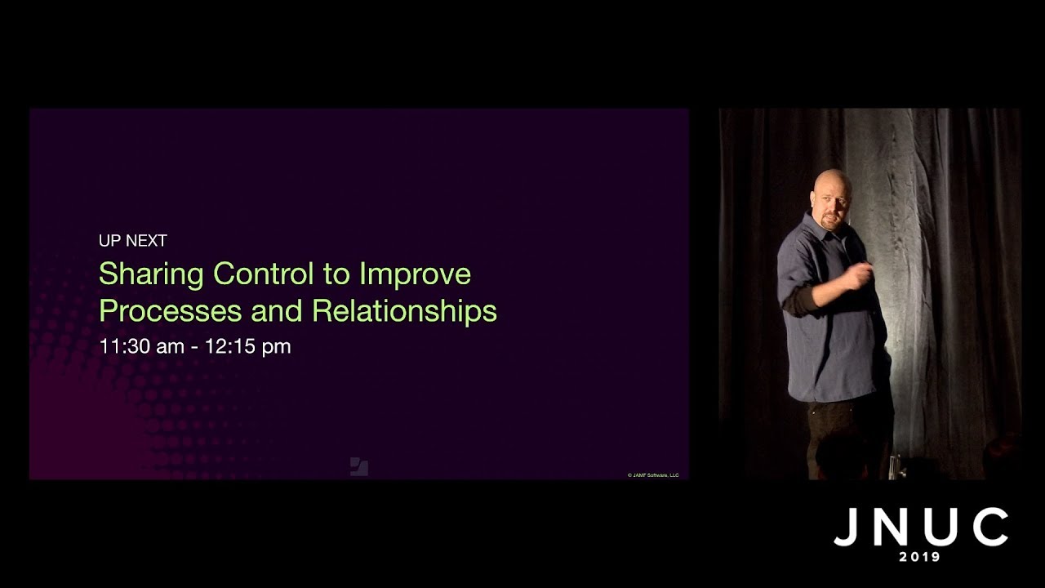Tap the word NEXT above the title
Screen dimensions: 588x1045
click(147, 241)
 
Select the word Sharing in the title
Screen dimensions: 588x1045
click(151, 274)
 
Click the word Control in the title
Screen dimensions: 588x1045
click(264, 274)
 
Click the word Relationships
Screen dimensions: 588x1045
click(404, 311)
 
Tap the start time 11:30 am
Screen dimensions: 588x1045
click(141, 346)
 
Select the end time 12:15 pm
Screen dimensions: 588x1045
click(247, 346)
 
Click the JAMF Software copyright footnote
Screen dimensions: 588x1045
click(653, 474)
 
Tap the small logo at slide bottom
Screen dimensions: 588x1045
click(359, 466)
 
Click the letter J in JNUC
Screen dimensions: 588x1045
click(846, 528)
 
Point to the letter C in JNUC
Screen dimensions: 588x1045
click(989, 528)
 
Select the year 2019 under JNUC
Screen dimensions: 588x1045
click(920, 557)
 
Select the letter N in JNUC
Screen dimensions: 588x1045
click(892, 528)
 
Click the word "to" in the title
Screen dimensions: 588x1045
click(336, 274)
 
